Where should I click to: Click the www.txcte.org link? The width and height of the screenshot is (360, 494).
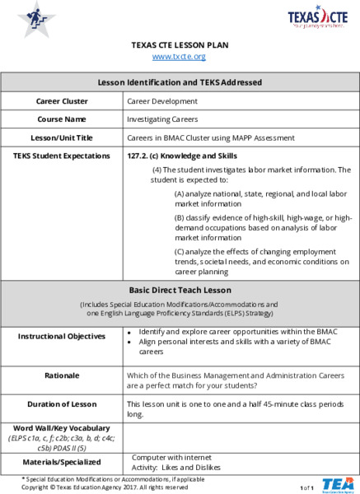pos(179,56)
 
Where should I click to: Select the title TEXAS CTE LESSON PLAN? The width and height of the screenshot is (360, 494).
pos(180,44)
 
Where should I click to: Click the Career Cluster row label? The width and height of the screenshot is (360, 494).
pos(62,101)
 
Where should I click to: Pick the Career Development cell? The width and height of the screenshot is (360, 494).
pos(162,101)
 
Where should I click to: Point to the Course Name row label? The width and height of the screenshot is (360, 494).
pos(62,119)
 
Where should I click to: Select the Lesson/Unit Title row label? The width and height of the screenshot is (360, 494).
pos(62,137)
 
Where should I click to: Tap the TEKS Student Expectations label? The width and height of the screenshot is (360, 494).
pos(62,155)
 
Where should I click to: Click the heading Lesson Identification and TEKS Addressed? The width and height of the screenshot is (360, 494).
pos(180,82)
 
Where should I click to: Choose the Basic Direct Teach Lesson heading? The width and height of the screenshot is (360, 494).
pos(180,291)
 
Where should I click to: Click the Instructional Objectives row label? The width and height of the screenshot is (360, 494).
pos(62,336)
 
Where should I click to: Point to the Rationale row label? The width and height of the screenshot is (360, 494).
pos(62,375)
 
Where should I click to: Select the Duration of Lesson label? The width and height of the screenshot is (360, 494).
pos(62,404)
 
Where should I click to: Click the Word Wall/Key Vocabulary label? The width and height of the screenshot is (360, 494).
pos(62,428)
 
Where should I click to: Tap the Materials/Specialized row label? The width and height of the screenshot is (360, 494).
pos(62,462)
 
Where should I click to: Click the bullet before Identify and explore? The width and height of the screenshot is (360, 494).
pos(130,331)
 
